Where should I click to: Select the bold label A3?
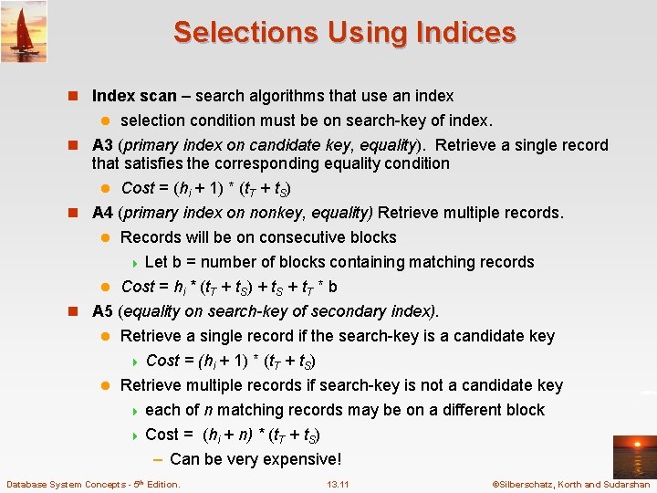103,145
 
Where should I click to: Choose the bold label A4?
103,213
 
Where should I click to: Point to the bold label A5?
103,310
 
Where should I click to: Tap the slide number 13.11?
338,484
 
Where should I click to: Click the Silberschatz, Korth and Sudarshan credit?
570,484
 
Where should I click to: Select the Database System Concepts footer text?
92,484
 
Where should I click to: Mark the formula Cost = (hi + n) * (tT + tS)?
233,435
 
